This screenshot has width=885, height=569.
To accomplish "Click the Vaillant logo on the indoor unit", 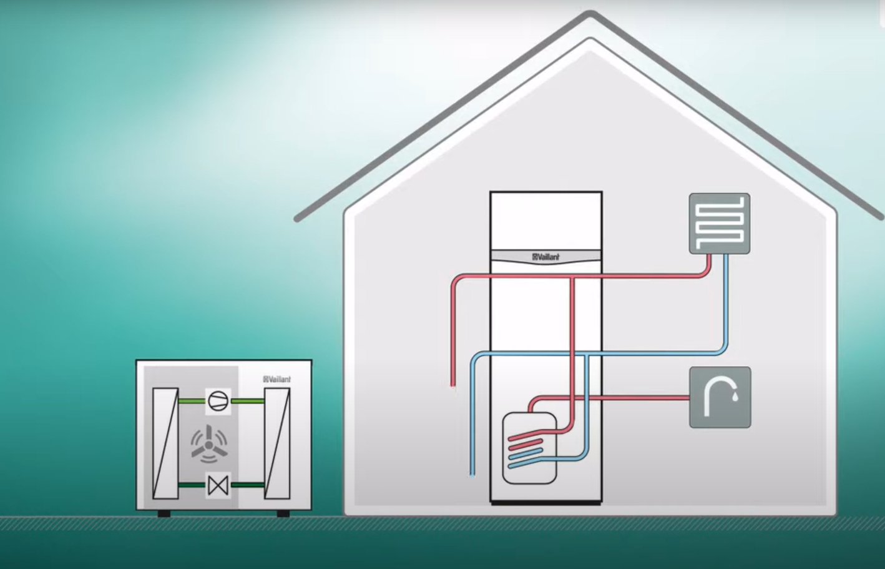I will pyautogui.click(x=546, y=257).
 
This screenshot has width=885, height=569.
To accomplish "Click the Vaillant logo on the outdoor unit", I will pyautogui.click(x=277, y=379).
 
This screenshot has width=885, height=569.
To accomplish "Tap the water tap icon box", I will pyautogui.click(x=720, y=397).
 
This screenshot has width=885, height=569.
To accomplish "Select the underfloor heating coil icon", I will pyautogui.click(x=719, y=223).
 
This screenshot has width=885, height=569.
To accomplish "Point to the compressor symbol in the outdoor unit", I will pyautogui.click(x=218, y=400).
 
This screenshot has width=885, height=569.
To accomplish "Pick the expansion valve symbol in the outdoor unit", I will pyautogui.click(x=218, y=485).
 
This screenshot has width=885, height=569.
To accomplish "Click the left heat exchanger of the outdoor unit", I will pyautogui.click(x=165, y=443).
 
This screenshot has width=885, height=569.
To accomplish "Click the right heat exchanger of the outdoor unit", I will pyautogui.click(x=276, y=443).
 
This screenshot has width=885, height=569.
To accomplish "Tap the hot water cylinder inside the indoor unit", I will pyautogui.click(x=529, y=448).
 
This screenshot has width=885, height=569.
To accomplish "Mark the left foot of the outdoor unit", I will pyautogui.click(x=164, y=513).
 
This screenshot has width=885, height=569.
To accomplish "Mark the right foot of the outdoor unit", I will pyautogui.click(x=283, y=513).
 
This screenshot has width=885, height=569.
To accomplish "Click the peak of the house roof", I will pyautogui.click(x=590, y=14).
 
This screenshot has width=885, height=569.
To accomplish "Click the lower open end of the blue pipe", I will pyautogui.click(x=472, y=473).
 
